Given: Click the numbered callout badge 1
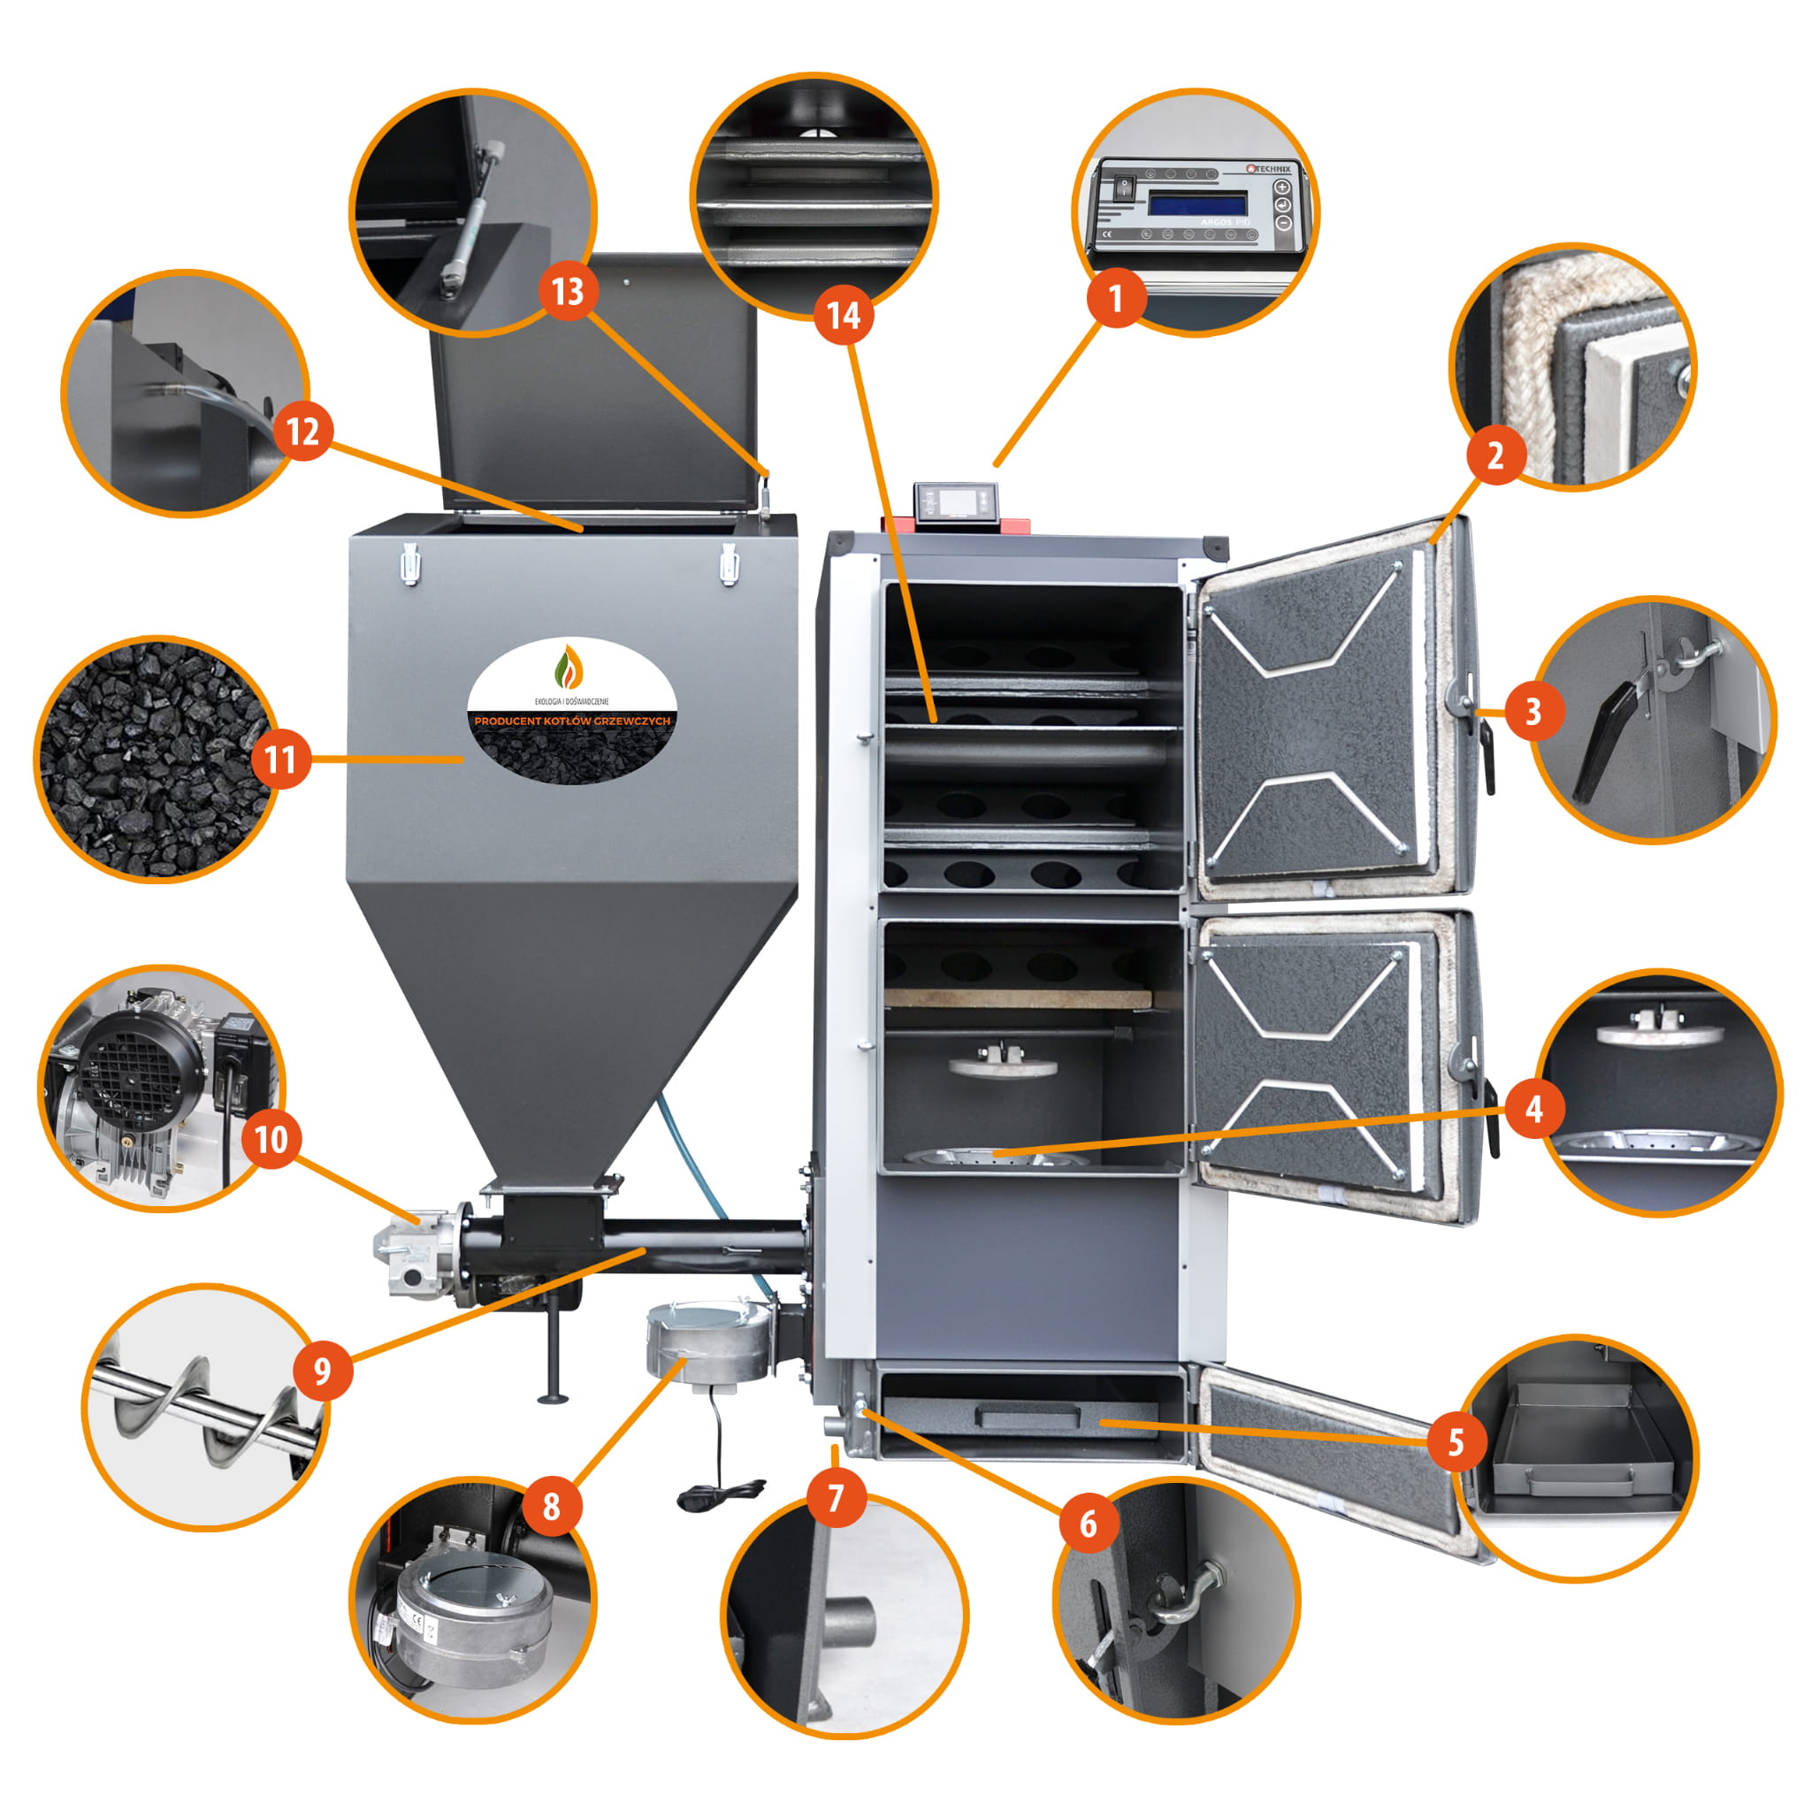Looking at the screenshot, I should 1115,299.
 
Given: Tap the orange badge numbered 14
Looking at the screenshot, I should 843,316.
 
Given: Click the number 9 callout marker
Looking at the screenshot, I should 323,1371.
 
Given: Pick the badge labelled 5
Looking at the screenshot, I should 1455,1441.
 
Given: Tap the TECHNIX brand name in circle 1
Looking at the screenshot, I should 1269,169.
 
